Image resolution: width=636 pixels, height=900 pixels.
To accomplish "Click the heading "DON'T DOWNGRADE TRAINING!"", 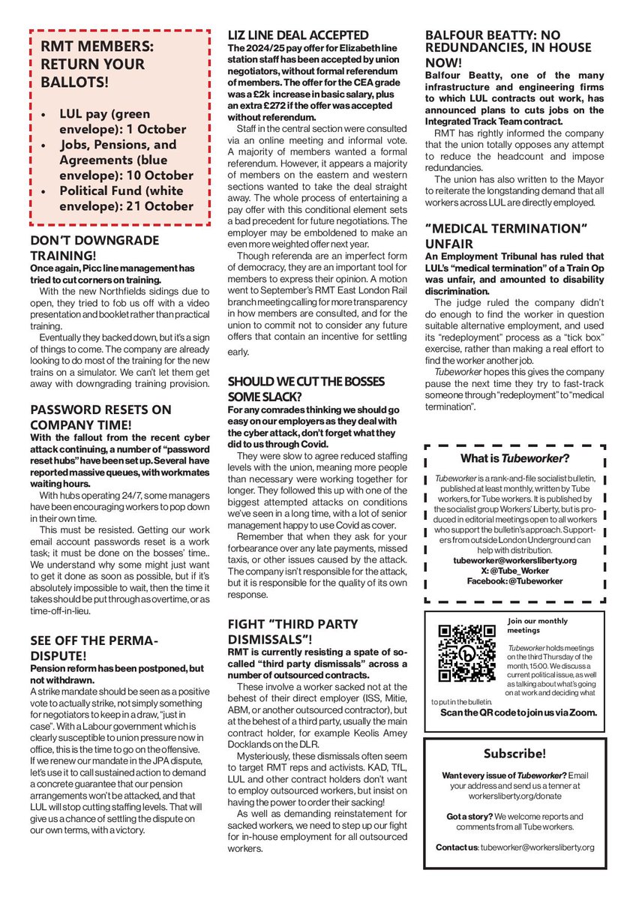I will [x=94, y=247].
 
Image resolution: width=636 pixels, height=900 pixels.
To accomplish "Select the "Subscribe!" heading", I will [x=514, y=752].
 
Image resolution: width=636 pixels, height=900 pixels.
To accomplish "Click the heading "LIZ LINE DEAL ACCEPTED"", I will [x=298, y=35].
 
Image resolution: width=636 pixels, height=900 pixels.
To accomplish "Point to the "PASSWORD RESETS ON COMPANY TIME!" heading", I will [x=101, y=417].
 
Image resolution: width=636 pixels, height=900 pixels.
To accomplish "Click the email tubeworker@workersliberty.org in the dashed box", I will [x=514, y=560].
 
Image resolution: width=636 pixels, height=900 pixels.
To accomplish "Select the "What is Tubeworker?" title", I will [x=514, y=458].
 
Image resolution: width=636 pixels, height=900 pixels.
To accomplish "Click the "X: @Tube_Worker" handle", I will [x=514, y=570].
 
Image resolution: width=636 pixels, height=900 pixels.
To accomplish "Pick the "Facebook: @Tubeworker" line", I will [x=514, y=580].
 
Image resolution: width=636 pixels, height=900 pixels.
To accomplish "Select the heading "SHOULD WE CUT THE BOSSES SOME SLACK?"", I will [x=306, y=388].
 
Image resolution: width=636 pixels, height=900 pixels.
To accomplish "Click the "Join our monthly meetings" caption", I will [x=538, y=625].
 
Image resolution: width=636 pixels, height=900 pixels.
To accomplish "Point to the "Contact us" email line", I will [x=514, y=847].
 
